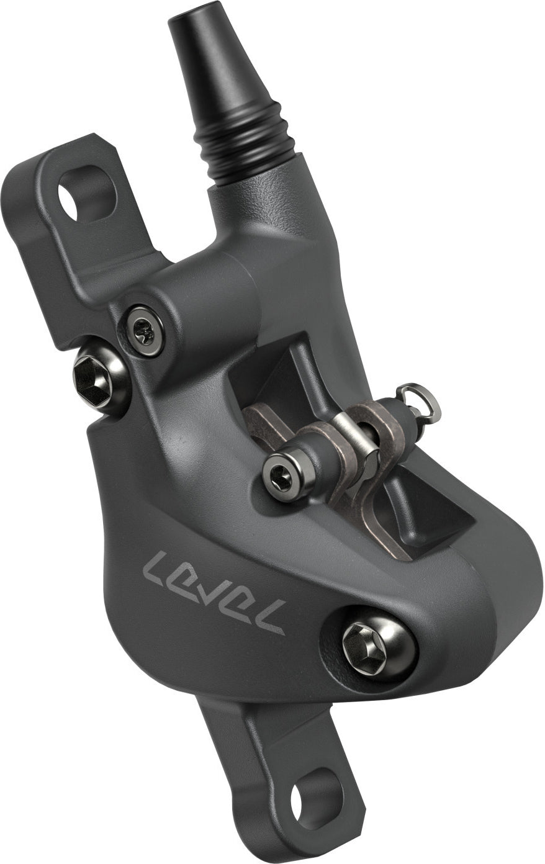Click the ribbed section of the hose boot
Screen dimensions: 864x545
245,140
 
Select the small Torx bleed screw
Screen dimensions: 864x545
145,331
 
